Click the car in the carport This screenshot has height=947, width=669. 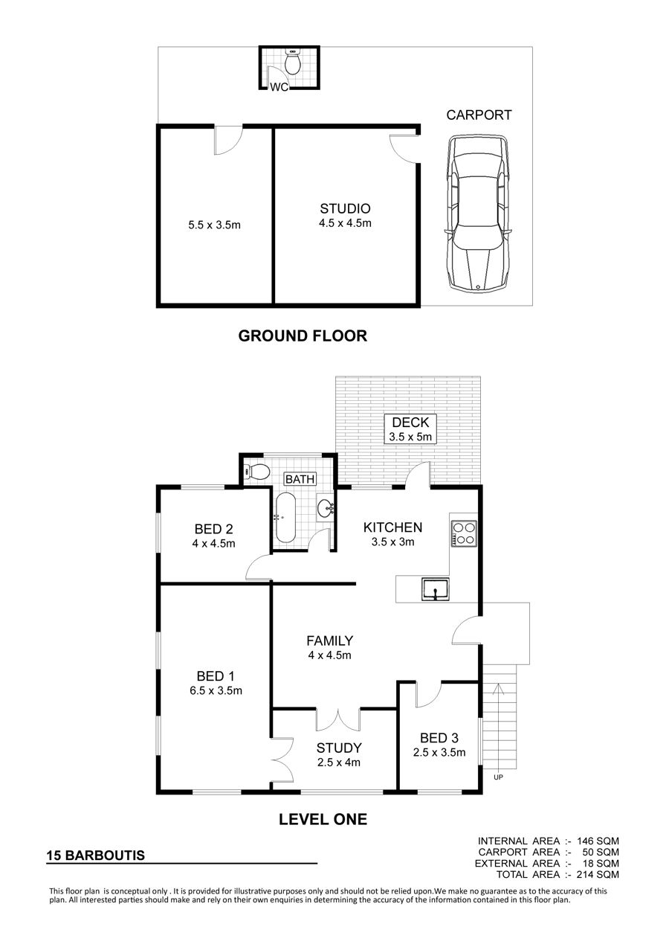tap(478, 212)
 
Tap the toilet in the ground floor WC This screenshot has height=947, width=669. tap(292, 62)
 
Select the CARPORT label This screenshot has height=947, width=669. tap(479, 115)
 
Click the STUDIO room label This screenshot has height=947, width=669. tap(345, 208)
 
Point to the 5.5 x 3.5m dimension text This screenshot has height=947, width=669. tap(215, 225)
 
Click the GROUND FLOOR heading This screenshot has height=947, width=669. tap(303, 336)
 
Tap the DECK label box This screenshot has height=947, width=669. tap(410, 429)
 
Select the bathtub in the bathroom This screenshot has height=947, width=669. tap(285, 518)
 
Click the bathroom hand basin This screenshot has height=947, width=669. tap(326, 507)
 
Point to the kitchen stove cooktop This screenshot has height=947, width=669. tap(464, 534)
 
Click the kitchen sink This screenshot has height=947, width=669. tap(435, 589)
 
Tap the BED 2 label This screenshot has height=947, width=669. tap(214, 529)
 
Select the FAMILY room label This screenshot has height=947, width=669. tap(330, 641)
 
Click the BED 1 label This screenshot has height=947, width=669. tap(216, 676)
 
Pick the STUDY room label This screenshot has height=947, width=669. tap(339, 748)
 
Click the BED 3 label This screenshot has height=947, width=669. tap(439, 738)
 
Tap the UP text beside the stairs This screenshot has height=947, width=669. tap(498, 777)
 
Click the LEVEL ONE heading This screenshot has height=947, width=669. tap(323, 819)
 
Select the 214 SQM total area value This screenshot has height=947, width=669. tap(598, 874)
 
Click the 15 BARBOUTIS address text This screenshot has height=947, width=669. tap(96, 855)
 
